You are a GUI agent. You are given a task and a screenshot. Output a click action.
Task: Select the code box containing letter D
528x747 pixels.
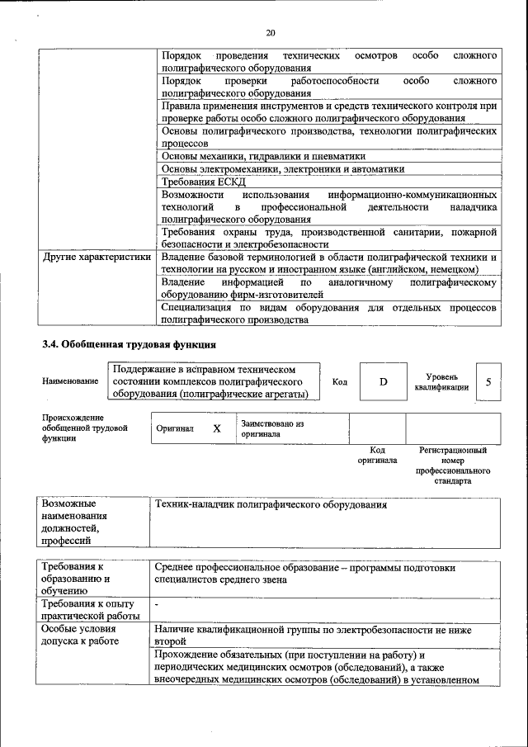383,382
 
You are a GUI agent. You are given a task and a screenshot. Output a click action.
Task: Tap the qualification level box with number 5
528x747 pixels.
488,382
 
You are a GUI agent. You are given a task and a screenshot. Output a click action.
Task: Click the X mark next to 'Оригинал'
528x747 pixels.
217,429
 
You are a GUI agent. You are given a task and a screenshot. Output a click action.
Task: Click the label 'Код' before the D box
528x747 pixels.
339,382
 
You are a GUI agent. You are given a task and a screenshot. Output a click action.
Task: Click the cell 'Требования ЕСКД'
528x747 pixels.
204,182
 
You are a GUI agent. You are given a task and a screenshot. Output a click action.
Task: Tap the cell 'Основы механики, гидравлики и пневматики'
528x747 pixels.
263,155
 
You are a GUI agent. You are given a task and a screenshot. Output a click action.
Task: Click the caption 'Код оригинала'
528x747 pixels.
377,456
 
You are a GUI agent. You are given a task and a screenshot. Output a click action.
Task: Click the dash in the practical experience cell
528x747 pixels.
157,605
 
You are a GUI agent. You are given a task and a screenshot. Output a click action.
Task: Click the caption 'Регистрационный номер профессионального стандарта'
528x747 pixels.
452,466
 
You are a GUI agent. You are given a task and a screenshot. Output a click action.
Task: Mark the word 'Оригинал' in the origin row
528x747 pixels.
175,429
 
